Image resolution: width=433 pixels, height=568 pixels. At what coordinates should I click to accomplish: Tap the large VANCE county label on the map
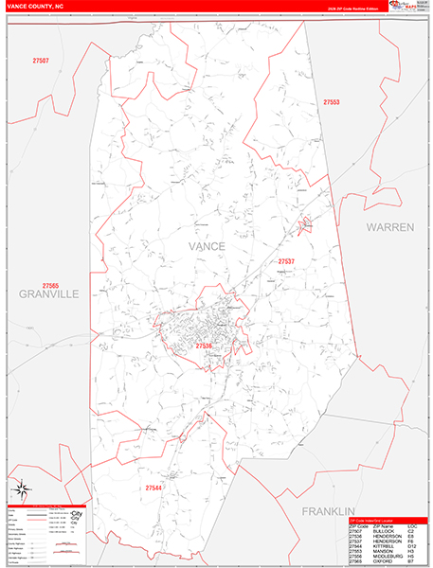207,246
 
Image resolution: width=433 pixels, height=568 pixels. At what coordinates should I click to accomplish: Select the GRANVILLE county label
48,294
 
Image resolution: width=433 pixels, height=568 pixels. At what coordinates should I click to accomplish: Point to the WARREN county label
391,228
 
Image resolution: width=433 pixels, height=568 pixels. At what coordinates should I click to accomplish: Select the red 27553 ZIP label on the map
331,101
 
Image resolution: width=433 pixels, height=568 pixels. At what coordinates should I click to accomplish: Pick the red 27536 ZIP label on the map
205,347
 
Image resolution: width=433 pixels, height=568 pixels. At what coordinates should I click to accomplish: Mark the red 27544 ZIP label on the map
155,487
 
